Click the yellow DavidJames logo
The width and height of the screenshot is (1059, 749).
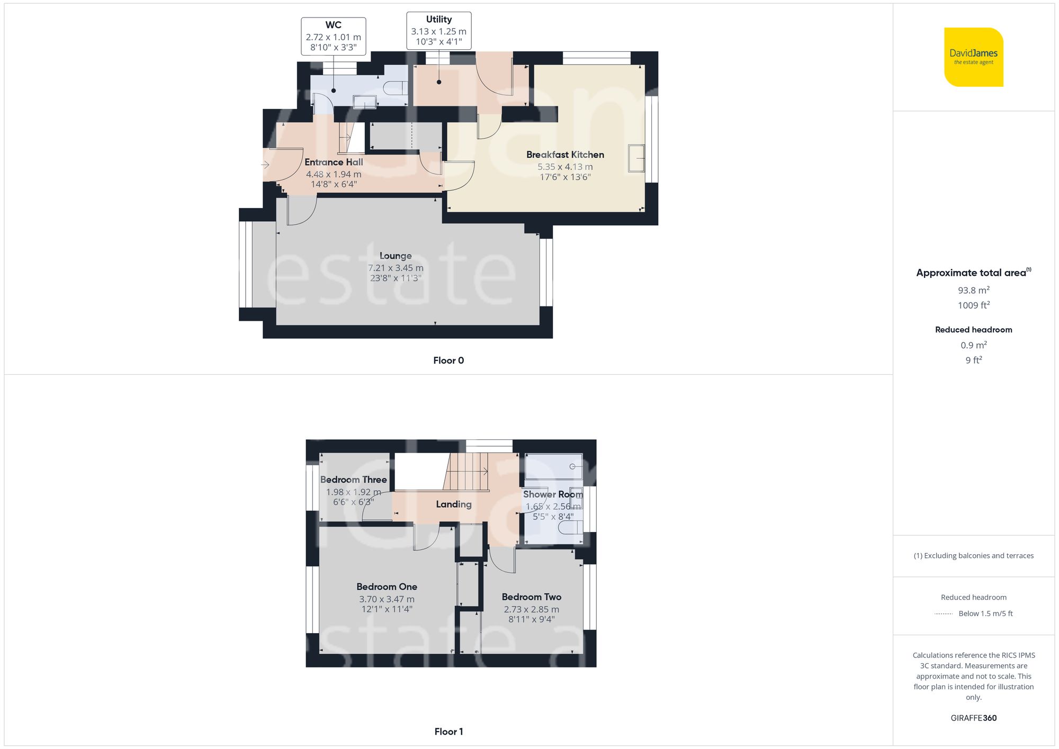(x=973, y=57)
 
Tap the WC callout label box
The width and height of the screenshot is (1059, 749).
(x=333, y=36)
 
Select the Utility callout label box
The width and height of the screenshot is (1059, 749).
(x=438, y=31)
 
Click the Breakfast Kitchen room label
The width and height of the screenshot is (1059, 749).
(x=565, y=155)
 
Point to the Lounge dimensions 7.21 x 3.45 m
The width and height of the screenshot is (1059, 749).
(x=396, y=268)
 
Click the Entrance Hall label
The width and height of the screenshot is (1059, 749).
(x=334, y=162)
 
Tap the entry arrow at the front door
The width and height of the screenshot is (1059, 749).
(x=265, y=165)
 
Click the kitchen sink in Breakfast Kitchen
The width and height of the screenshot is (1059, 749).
(x=636, y=158)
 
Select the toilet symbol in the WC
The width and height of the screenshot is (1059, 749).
(x=395, y=88)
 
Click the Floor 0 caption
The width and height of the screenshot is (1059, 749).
(x=448, y=360)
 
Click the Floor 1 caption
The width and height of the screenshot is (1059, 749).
(x=448, y=732)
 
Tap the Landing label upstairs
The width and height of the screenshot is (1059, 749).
(x=453, y=504)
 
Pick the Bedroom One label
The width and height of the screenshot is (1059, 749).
(x=387, y=586)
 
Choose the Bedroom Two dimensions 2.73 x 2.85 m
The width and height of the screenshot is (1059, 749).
(x=531, y=609)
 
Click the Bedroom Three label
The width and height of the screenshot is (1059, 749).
(x=353, y=480)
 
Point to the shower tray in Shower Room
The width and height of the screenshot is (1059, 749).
(x=553, y=466)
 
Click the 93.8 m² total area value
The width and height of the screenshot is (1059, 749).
(x=973, y=290)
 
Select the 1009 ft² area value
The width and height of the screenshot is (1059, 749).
(x=973, y=305)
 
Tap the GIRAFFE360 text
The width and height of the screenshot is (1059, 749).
(x=973, y=718)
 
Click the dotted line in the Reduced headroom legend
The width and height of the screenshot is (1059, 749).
(x=944, y=614)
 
